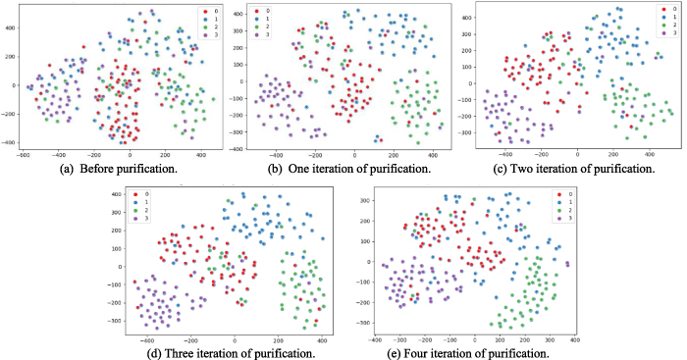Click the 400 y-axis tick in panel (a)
9,27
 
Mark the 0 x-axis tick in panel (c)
578,156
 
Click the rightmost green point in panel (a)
214,99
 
